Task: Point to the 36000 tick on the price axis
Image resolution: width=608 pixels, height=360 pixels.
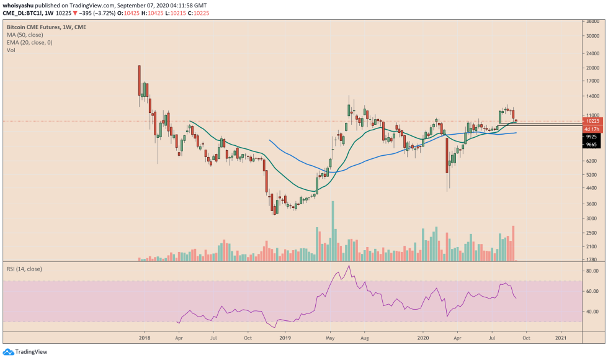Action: [x=592, y=21]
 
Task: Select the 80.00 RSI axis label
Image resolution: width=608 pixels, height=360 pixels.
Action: [x=592, y=271]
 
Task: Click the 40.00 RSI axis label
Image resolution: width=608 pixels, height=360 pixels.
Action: [x=592, y=312]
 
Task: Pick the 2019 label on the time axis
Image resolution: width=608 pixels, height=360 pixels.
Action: [x=285, y=338]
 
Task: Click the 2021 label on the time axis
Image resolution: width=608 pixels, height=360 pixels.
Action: [x=560, y=338]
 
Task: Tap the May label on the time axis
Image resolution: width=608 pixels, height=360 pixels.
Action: [x=330, y=338]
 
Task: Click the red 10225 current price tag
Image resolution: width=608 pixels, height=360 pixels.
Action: [x=591, y=122]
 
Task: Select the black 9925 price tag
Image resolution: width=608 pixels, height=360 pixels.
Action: [x=591, y=137]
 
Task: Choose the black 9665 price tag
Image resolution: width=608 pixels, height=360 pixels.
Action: [x=591, y=144]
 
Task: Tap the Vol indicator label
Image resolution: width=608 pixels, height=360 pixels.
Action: [x=11, y=50]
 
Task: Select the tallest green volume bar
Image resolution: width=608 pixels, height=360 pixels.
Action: [x=333, y=230]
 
